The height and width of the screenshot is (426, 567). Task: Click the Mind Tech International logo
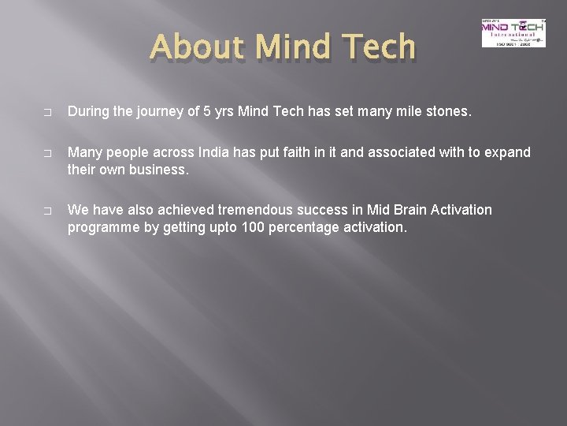(x=513, y=32)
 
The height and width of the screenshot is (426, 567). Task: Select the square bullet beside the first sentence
(x=48, y=113)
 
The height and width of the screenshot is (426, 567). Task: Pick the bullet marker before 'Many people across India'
(x=48, y=153)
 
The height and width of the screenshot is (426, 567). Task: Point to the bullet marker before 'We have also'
(x=48, y=211)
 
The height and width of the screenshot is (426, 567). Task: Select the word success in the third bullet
(x=346, y=210)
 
